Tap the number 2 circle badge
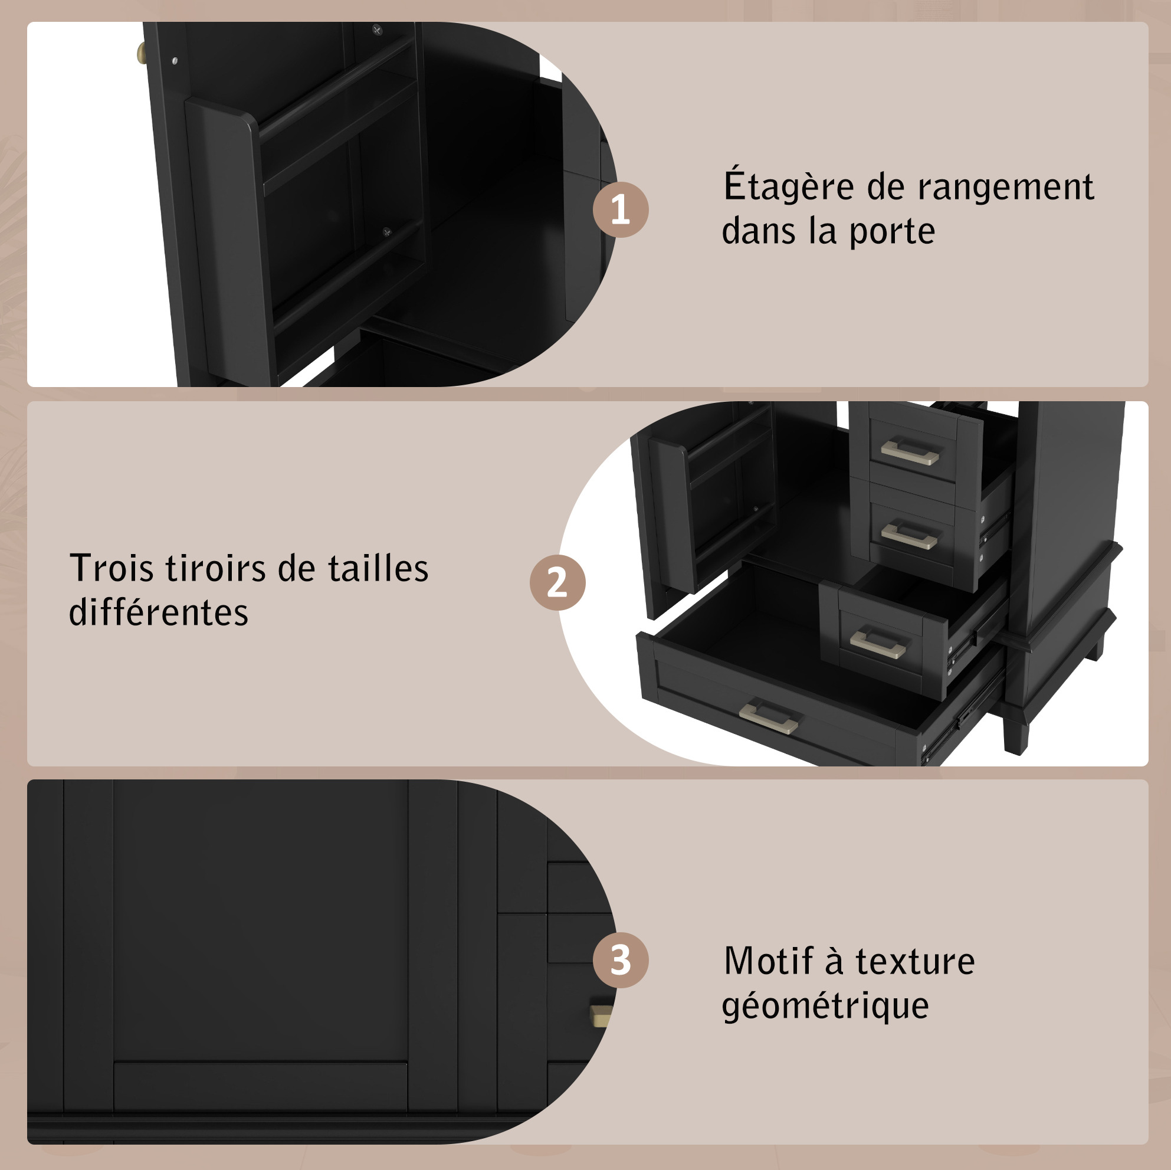(x=557, y=582)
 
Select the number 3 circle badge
(x=620, y=960)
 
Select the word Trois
(x=111, y=568)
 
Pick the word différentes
(x=158, y=612)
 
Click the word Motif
(x=768, y=961)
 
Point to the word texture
(x=914, y=962)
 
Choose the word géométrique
(x=825, y=1007)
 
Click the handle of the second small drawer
(x=909, y=536)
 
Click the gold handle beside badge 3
(x=601, y=1015)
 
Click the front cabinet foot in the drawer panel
(x=1016, y=732)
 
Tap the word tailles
(x=378, y=568)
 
